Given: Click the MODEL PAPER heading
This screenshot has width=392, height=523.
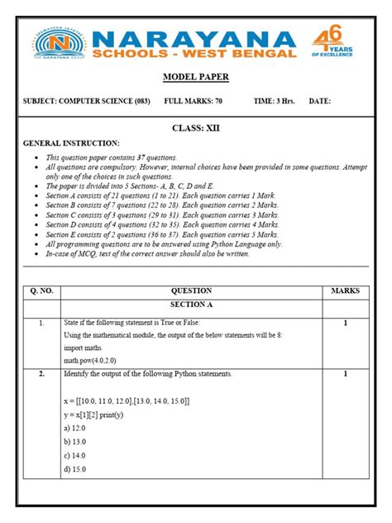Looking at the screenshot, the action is point(195,77).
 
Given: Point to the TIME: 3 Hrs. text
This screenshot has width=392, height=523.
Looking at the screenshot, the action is point(275,101).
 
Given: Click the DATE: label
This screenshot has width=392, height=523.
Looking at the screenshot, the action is point(319,101).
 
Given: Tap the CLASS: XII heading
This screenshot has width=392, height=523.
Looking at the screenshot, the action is point(195,128).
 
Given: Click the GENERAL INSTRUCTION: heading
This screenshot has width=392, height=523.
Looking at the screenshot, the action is point(71,143).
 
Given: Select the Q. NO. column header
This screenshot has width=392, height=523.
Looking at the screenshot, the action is point(41,290).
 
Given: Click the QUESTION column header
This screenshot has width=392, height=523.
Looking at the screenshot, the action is point(191,290).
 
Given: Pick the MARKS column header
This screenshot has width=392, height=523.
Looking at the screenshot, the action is point(345,290).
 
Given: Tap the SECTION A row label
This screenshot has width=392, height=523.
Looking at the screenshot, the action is point(191,305).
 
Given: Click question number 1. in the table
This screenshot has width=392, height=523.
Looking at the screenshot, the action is point(41,323).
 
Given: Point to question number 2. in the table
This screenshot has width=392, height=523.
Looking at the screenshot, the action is point(41,374).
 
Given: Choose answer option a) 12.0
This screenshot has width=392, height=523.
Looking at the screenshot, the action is point(74,428).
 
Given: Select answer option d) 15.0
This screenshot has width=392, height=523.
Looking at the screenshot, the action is point(74,468).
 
